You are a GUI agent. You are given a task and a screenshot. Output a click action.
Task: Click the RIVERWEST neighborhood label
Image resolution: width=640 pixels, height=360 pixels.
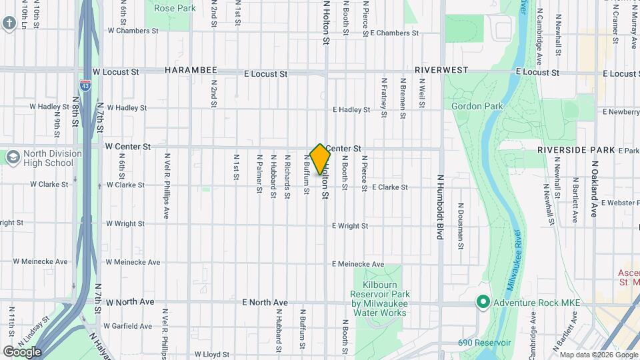(x=441, y=70)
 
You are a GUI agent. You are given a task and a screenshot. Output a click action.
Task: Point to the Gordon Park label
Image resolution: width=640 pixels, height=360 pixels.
(x=477, y=106)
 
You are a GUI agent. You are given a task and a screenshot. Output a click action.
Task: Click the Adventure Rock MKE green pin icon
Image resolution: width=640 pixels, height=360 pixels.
(x=482, y=303)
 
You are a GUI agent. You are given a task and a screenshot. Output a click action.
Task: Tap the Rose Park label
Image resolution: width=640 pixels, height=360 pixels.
(x=175, y=9)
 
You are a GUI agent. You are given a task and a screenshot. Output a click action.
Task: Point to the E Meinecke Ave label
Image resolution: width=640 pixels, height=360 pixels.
(x=358, y=265)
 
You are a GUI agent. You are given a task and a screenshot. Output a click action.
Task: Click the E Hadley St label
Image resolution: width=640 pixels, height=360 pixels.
(x=351, y=110)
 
